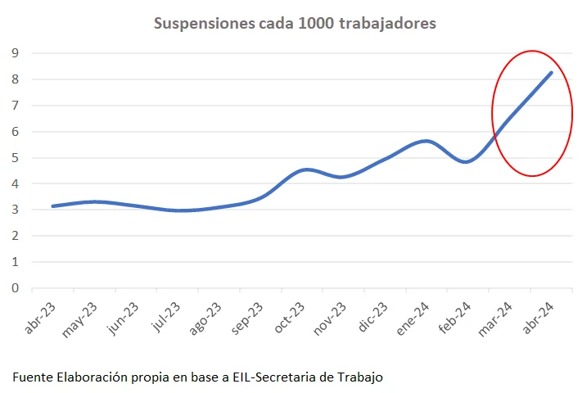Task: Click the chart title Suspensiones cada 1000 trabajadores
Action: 295,24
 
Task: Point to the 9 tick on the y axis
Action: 14,53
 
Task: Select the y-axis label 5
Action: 14,158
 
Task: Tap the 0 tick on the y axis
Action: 14,288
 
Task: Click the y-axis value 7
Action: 14,106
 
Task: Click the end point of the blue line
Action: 551,72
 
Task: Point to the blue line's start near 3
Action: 52,206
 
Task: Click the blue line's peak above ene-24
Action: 426,141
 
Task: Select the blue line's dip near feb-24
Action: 466,162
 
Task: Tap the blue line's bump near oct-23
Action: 305,169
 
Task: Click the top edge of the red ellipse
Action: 532,51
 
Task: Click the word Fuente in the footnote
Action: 32,377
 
